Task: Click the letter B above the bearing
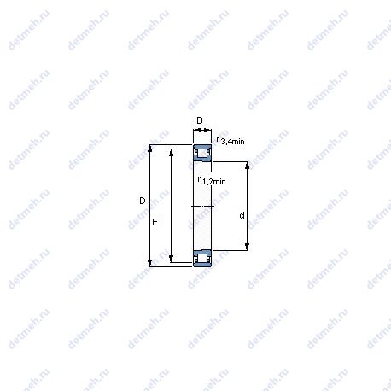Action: [200, 120]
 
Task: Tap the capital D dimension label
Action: [143, 201]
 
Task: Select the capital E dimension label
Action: [155, 222]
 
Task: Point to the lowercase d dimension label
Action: [242, 215]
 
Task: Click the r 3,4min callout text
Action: [231, 140]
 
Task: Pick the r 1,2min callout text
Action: [212, 180]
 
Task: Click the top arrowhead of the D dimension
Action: [150, 148]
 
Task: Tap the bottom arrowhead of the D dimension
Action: [150, 263]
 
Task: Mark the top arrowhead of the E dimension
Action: [171, 152]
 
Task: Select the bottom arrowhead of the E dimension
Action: [171, 259]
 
